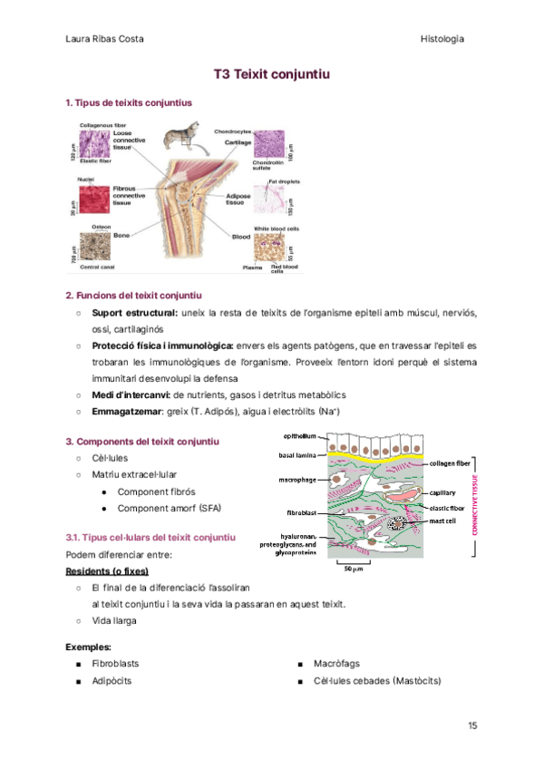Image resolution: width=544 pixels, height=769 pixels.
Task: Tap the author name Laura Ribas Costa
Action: point(105,39)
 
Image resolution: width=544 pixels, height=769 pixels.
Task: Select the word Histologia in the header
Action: point(442,39)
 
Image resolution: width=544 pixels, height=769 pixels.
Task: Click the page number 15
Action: point(472,725)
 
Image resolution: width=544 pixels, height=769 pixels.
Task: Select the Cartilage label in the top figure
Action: point(238,142)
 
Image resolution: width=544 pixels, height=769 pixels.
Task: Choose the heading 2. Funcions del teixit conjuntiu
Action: point(133,296)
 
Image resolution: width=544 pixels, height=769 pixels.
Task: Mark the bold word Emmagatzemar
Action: point(126,412)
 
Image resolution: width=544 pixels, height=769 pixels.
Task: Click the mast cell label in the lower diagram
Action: point(443,521)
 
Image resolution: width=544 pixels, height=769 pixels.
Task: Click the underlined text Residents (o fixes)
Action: point(108,571)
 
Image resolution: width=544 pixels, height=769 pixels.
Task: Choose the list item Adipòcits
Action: point(112,680)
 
